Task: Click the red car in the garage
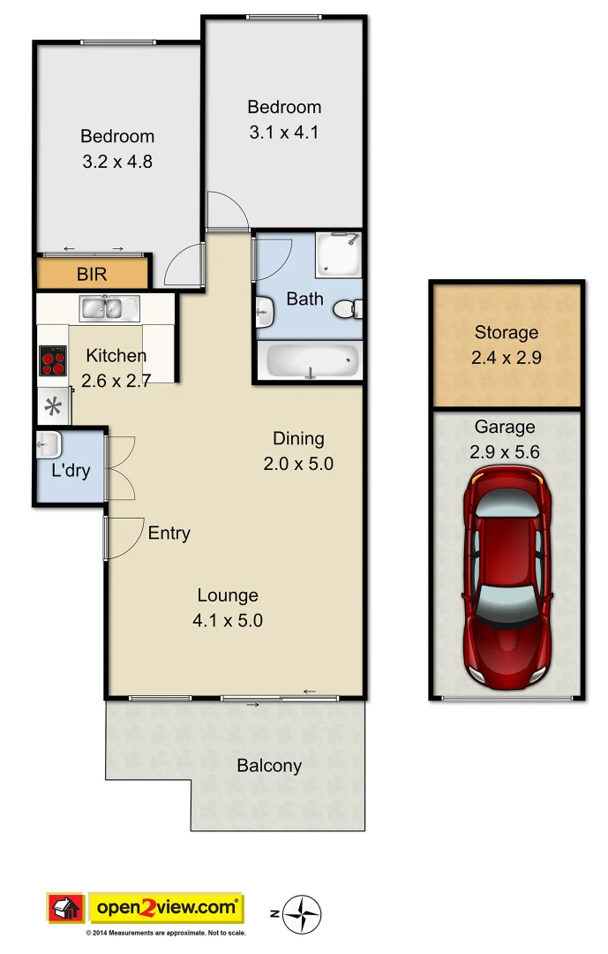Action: tap(507, 579)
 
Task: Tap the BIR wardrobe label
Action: tap(92, 274)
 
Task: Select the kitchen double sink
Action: tap(109, 308)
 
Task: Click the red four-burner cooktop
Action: tap(52, 360)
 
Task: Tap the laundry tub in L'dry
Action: tap(48, 444)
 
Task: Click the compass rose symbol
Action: tap(306, 914)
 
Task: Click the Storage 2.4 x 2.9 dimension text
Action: tap(506, 360)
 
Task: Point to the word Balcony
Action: tap(269, 766)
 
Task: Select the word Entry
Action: tap(169, 534)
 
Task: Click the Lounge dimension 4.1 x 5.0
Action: tap(228, 620)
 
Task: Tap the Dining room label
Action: tap(298, 438)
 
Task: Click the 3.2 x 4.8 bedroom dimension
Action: tap(117, 163)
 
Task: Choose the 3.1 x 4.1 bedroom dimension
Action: tap(283, 133)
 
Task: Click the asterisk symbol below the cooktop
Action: tap(53, 407)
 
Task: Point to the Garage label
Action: tap(505, 428)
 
